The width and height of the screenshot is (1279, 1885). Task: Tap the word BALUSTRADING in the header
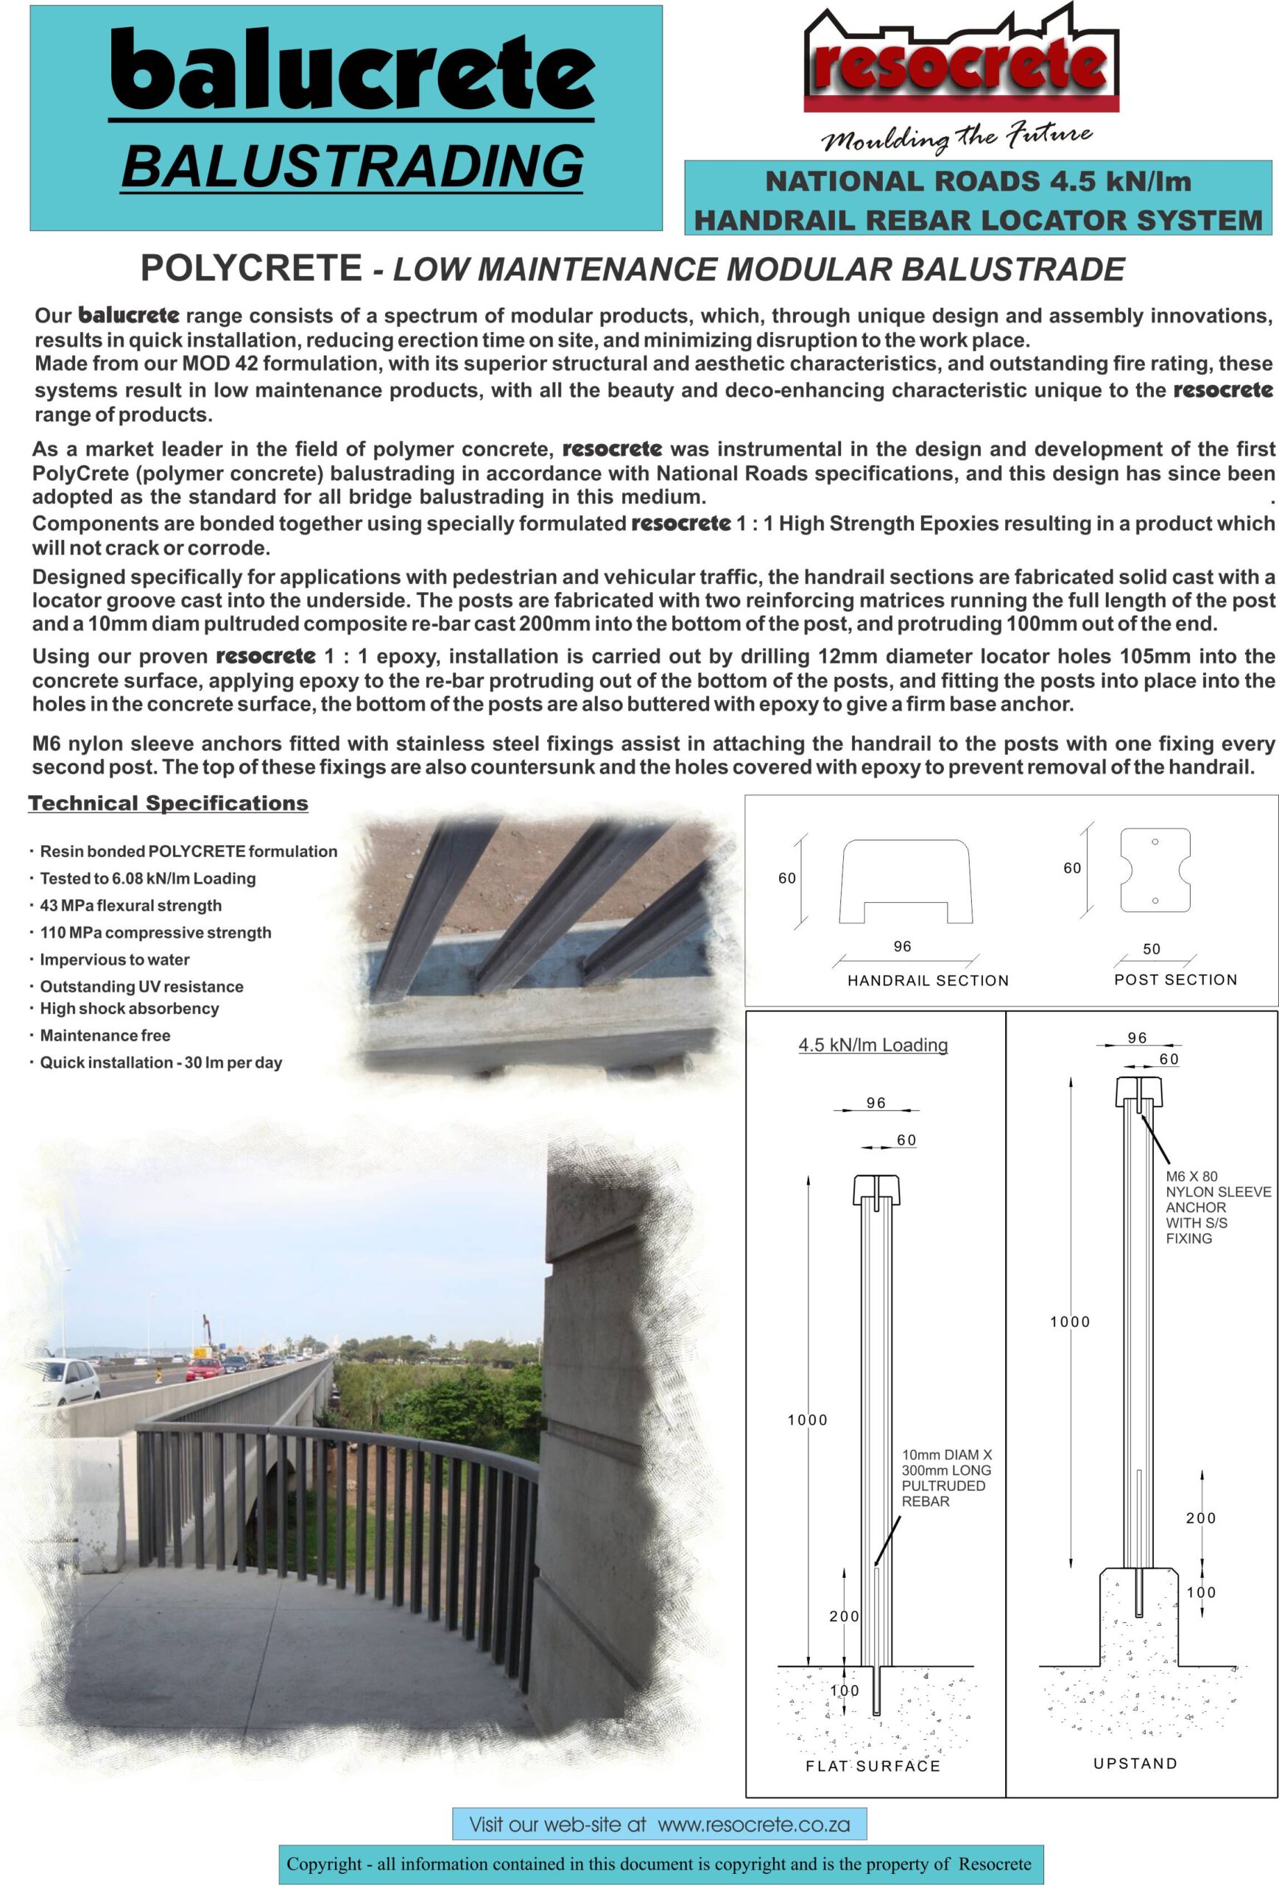[x=351, y=166]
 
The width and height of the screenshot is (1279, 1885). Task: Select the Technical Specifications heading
[x=168, y=803]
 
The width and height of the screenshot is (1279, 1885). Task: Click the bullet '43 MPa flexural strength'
[x=130, y=905]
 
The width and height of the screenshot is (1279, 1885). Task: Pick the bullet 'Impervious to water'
[x=114, y=959]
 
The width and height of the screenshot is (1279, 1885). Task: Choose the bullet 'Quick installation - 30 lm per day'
[x=161, y=1063]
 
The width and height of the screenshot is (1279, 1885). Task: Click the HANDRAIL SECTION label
[x=928, y=980]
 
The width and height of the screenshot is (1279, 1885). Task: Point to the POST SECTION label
[x=1175, y=979]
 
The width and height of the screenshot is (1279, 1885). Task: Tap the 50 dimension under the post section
[x=1151, y=949]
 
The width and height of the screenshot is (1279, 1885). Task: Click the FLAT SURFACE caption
[x=873, y=1766]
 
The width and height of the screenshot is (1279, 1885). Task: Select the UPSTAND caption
[x=1135, y=1764]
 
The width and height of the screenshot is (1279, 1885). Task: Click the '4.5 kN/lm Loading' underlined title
[x=873, y=1045]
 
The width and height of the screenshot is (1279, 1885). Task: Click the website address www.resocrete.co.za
[x=753, y=1825]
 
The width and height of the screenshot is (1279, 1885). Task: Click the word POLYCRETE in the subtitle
[x=251, y=269]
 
